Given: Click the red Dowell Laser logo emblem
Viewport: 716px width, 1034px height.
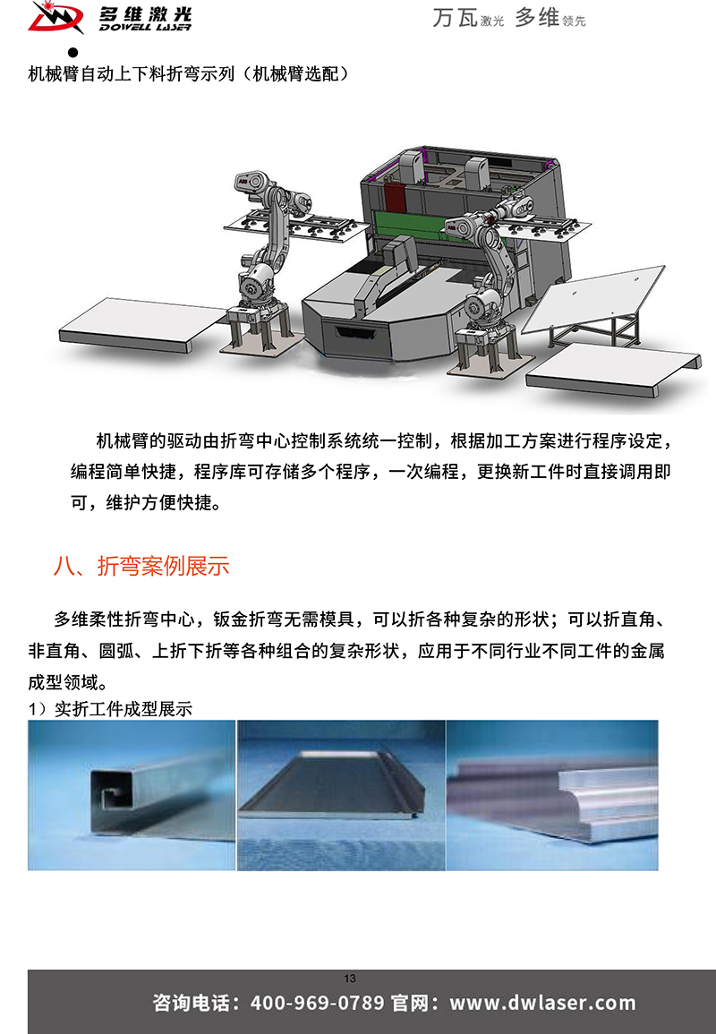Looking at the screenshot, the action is coord(55,18).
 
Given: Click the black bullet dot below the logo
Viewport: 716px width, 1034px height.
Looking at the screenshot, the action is coord(72,52).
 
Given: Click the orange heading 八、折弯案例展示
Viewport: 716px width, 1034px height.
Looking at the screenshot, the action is coord(141,566).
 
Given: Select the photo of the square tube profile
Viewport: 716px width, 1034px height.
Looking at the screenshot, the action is coord(132,795).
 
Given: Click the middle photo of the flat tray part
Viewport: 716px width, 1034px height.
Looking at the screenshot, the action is coord(341,795).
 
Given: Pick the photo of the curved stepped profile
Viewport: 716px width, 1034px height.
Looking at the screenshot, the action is coord(552,795).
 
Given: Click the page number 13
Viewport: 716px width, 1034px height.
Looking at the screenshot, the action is coord(349,978).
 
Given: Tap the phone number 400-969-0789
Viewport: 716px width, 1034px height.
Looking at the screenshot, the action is coord(317,1003).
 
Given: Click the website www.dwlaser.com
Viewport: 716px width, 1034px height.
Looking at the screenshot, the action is coord(542,1003).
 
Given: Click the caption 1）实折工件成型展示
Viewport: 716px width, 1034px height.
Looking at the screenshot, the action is coord(110,709).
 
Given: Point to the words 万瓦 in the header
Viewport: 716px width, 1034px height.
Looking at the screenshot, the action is coord(455,18).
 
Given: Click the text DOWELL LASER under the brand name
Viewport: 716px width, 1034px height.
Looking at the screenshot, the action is coord(145,27).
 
